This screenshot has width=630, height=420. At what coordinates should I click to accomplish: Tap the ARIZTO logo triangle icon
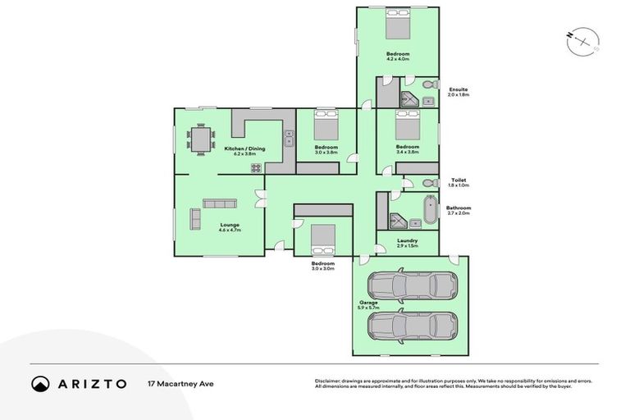tap(40, 384)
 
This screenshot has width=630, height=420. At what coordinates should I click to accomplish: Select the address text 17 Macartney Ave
tap(180, 384)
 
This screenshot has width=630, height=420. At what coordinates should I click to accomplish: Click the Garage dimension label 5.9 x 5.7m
tap(368, 308)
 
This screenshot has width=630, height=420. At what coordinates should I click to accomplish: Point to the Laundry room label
tap(408, 240)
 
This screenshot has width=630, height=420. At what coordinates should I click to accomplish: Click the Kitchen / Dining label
tap(240, 148)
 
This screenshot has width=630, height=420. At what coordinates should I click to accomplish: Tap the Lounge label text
tap(229, 225)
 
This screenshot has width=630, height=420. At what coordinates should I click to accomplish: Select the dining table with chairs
tap(201, 138)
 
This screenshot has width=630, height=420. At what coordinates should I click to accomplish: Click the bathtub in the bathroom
tap(427, 211)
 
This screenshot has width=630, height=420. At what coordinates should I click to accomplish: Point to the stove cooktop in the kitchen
tap(256, 168)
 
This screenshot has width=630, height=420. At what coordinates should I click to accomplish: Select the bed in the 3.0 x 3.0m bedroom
tap(322, 237)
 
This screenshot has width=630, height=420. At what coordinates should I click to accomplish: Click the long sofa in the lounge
tap(220, 203)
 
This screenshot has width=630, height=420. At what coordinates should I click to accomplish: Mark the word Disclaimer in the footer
tap(328, 381)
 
